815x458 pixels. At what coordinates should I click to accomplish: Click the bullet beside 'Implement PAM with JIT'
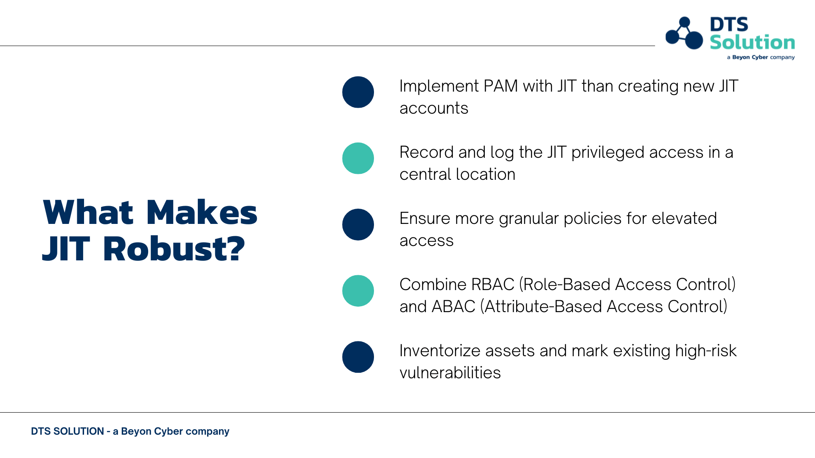tap(358, 92)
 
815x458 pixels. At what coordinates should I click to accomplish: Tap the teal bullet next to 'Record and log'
tap(358, 158)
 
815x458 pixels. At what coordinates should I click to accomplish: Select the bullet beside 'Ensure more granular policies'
tap(358, 224)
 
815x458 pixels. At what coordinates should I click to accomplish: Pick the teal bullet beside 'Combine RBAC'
tap(358, 290)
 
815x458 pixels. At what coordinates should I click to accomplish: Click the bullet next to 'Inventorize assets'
tap(358, 357)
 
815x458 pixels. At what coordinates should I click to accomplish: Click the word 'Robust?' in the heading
tap(174, 249)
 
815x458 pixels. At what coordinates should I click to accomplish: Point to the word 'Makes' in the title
tap(202, 212)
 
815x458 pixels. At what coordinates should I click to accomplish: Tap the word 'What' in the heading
tap(88, 212)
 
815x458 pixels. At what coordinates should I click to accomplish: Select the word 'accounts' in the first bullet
tap(434, 109)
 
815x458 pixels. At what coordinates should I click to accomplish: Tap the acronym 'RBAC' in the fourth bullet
tap(493, 285)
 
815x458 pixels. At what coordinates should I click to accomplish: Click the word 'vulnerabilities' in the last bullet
tap(450, 373)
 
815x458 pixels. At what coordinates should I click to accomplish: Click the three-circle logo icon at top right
tap(684, 33)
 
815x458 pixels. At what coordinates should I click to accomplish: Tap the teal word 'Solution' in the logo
tap(752, 42)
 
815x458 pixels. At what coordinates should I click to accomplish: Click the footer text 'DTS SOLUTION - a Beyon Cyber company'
tap(130, 431)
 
